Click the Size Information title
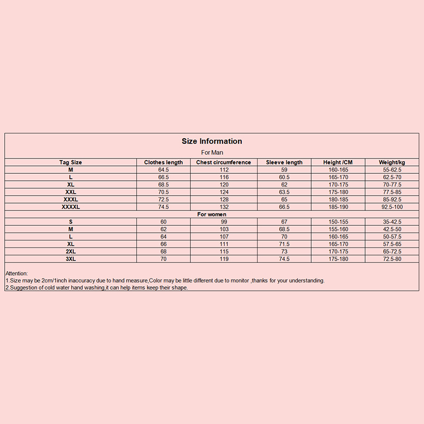pyautogui.click(x=212, y=141)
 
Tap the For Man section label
pyautogui.click(x=212, y=153)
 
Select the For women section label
pyautogui.click(x=212, y=214)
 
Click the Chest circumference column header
pyautogui.click(x=224, y=162)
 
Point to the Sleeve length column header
pyautogui.click(x=284, y=162)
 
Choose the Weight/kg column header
pyautogui.click(x=392, y=162)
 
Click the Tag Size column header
pyautogui.click(x=70, y=162)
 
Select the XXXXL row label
pyautogui.click(x=70, y=207)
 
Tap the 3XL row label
pyautogui.click(x=70, y=259)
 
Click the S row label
pyautogui.click(x=70, y=222)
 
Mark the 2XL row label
pyautogui.click(x=70, y=251)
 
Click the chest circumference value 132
pyautogui.click(x=224, y=207)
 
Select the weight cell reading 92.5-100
pyautogui.click(x=392, y=207)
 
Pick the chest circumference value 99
pyautogui.click(x=224, y=222)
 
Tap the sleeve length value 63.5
pyautogui.click(x=284, y=192)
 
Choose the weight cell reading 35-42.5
pyautogui.click(x=392, y=222)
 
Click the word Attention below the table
pyautogui.click(x=16, y=273)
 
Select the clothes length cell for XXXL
pyautogui.click(x=164, y=199)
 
